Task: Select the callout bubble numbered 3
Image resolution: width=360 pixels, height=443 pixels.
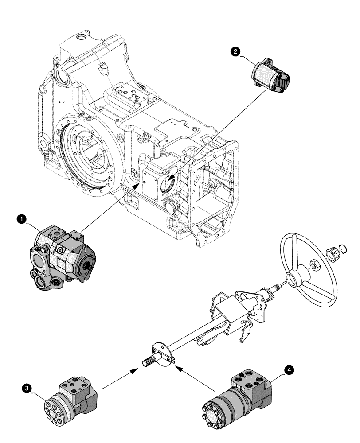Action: coord(28,389)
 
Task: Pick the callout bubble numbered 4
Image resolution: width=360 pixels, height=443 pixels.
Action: coord(289,369)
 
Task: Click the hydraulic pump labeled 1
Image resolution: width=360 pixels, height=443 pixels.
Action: coord(62,260)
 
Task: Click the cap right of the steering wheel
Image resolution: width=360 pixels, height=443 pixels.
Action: coord(332,254)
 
